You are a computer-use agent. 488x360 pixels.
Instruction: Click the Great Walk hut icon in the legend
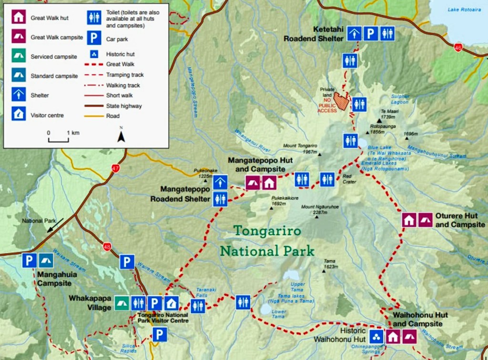18,18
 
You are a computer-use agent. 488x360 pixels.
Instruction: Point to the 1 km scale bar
58,139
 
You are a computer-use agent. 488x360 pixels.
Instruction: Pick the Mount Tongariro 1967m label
300,148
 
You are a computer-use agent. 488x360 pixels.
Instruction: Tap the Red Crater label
349,178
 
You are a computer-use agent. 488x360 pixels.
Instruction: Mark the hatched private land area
341,101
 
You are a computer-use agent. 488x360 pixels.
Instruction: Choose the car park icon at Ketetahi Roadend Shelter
371,33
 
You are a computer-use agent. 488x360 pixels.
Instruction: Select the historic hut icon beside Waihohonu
376,337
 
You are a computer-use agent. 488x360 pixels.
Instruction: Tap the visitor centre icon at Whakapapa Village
171,303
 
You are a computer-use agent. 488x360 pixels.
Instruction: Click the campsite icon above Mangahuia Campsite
46,260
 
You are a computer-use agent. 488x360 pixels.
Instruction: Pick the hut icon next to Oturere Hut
409,219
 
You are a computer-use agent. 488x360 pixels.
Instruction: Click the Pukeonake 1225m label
205,173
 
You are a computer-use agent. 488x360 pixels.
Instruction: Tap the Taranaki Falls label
207,292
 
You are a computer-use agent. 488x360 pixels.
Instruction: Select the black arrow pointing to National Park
55,225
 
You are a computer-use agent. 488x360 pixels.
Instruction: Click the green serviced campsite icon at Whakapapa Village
122,303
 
